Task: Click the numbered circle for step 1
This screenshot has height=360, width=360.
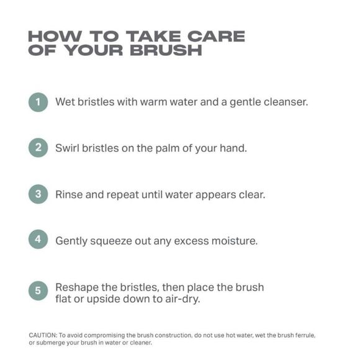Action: [38, 102]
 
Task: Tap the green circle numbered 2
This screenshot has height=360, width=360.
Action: [38, 148]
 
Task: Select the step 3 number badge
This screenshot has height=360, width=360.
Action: [38, 194]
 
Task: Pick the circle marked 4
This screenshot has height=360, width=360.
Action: [38, 239]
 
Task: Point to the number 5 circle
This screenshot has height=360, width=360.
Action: [38, 290]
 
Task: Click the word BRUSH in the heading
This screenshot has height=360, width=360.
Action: [166, 50]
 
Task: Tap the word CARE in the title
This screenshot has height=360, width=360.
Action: [216, 36]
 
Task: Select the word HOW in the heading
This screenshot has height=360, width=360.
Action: [55, 36]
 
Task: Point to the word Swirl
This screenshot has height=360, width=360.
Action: [67, 148]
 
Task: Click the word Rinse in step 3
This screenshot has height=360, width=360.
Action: [69, 194]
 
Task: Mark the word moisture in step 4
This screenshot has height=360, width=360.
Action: [235, 241]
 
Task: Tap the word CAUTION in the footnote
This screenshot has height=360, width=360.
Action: [43, 335]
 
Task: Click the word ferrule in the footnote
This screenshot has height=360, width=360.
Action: [305, 335]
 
